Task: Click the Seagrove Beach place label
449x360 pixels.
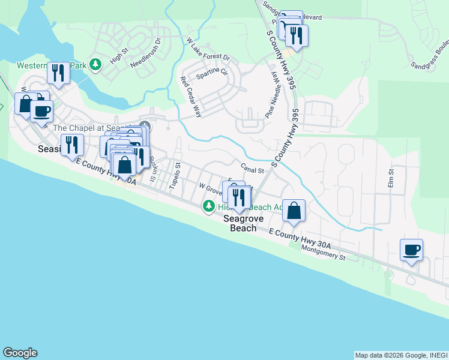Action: pos(240,224)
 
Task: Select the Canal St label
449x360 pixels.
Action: pos(253,170)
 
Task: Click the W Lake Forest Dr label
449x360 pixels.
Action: pos(208,49)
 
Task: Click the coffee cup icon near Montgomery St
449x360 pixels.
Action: pos(412,250)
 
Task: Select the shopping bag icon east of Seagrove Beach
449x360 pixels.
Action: pos(294,211)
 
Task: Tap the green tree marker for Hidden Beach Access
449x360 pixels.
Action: pos(208,207)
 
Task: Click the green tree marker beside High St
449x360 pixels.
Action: pos(94,64)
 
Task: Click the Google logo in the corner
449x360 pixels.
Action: pos(20,353)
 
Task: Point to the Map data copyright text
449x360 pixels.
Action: pos(400,355)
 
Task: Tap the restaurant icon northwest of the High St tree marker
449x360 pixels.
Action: pos(58,73)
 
